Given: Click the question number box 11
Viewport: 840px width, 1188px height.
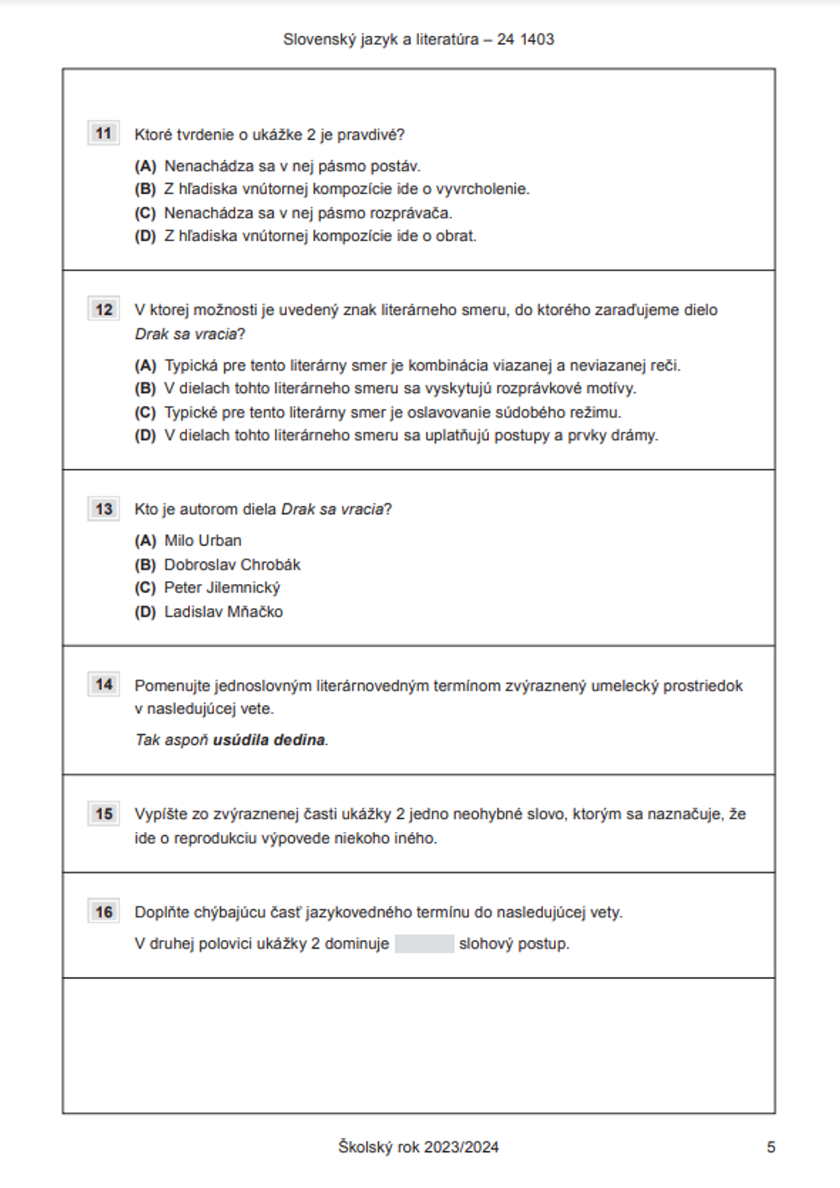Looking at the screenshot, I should pyautogui.click(x=103, y=134).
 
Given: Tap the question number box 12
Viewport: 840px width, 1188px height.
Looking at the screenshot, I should pyautogui.click(x=103, y=309).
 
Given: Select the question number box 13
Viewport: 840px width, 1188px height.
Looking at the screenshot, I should pyautogui.click(x=103, y=509).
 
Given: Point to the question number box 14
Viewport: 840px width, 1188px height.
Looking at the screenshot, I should pyautogui.click(x=103, y=685).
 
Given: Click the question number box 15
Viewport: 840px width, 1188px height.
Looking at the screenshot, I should pyautogui.click(x=103, y=813).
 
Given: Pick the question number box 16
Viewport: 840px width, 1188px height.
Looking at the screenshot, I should pyautogui.click(x=103, y=912).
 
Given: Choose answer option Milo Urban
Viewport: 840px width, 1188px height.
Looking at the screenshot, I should pyautogui.click(x=202, y=540).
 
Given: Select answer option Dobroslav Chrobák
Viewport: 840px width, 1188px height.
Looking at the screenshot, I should pyautogui.click(x=232, y=565).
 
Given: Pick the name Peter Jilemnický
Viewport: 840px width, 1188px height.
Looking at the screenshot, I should pyautogui.click(x=222, y=587).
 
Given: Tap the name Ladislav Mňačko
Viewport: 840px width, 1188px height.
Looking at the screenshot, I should pyautogui.click(x=223, y=612).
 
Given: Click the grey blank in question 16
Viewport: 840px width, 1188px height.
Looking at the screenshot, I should pyautogui.click(x=424, y=944).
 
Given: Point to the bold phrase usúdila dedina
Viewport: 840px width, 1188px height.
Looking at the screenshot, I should pyautogui.click(x=269, y=740).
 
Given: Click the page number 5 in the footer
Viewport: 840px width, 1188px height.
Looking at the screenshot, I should pyautogui.click(x=770, y=1147).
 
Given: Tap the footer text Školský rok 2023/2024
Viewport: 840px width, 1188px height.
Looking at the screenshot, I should pyautogui.click(x=418, y=1147).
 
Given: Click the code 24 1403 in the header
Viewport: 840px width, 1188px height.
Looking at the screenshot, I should pyautogui.click(x=525, y=39).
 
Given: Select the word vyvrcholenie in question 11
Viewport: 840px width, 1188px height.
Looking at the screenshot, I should pyautogui.click(x=486, y=189).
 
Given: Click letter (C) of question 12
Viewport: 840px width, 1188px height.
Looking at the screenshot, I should pyautogui.click(x=145, y=413).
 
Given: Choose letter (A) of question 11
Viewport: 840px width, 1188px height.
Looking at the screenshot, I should pyautogui.click(x=145, y=166).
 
